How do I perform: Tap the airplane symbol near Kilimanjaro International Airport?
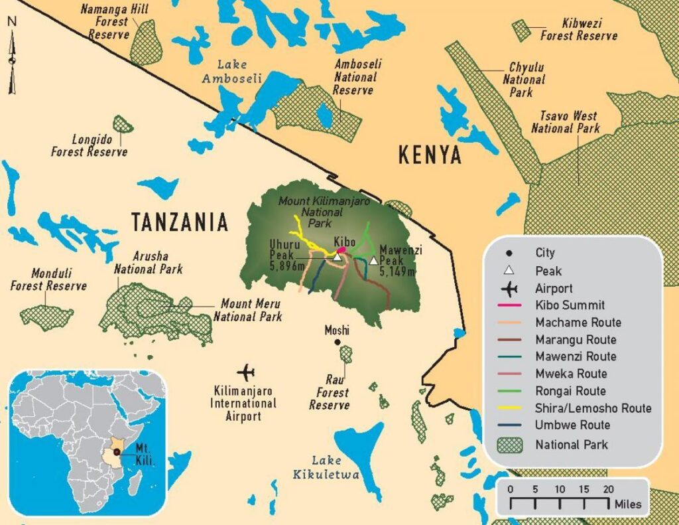coord(249,371)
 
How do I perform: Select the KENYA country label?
coord(430,155)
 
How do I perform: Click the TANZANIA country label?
coord(180,222)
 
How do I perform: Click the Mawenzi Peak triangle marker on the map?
coord(374,261)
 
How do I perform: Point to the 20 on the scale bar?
coord(607,489)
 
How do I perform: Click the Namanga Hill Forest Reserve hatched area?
coord(146,42)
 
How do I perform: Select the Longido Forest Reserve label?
coord(90,146)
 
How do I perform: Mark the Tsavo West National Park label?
coord(566,122)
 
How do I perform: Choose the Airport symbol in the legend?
coord(509,289)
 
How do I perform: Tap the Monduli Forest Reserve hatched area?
coord(46,318)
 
